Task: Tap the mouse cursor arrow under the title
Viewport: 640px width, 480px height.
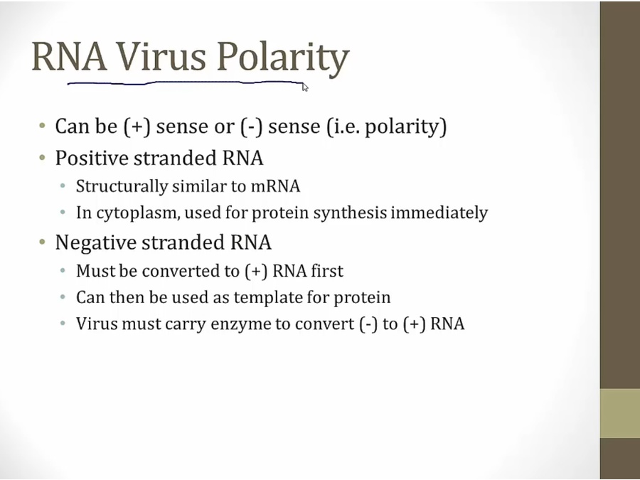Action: point(305,87)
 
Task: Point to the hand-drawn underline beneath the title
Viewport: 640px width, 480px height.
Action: point(186,83)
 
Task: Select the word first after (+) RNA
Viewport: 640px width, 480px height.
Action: point(327,271)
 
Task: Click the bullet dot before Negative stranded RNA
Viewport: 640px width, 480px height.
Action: point(43,242)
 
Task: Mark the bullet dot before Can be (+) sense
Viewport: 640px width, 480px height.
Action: point(43,125)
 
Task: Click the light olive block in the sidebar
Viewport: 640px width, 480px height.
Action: point(620,413)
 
